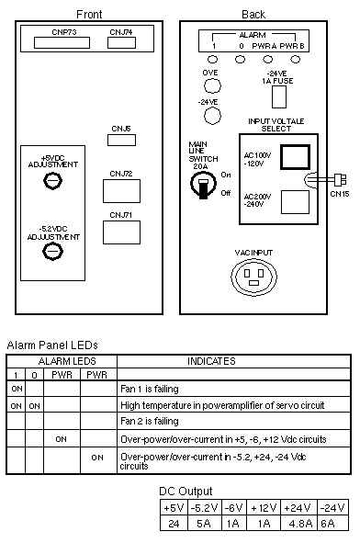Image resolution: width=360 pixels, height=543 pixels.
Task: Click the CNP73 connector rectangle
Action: (62, 42)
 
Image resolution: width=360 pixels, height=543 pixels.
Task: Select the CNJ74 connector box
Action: (121, 42)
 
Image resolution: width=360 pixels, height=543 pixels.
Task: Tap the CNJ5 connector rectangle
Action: (121, 140)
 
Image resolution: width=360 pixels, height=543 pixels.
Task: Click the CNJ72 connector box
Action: (121, 191)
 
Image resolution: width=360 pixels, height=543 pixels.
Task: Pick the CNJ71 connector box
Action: (121, 232)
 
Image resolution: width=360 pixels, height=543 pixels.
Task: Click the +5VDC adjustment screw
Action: (53, 180)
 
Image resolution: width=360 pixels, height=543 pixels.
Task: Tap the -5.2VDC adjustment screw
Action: (52, 252)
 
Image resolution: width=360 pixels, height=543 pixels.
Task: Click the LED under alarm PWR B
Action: (296, 59)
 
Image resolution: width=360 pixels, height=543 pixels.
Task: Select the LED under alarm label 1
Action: (212, 59)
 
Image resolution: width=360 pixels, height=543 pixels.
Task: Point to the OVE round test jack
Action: (212, 85)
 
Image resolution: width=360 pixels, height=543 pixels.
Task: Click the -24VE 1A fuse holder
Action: (279, 97)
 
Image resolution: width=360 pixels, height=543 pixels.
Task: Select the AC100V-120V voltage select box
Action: (295, 157)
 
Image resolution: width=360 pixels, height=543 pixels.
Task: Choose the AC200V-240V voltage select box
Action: (296, 202)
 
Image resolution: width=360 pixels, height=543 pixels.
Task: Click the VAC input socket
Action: (254, 277)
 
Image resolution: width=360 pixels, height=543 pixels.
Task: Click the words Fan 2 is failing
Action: (150, 421)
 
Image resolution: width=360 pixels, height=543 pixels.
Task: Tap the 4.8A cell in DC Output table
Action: (300, 524)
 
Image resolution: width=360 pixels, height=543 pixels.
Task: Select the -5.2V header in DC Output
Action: (204, 508)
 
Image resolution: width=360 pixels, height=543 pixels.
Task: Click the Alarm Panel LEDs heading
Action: (52, 345)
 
